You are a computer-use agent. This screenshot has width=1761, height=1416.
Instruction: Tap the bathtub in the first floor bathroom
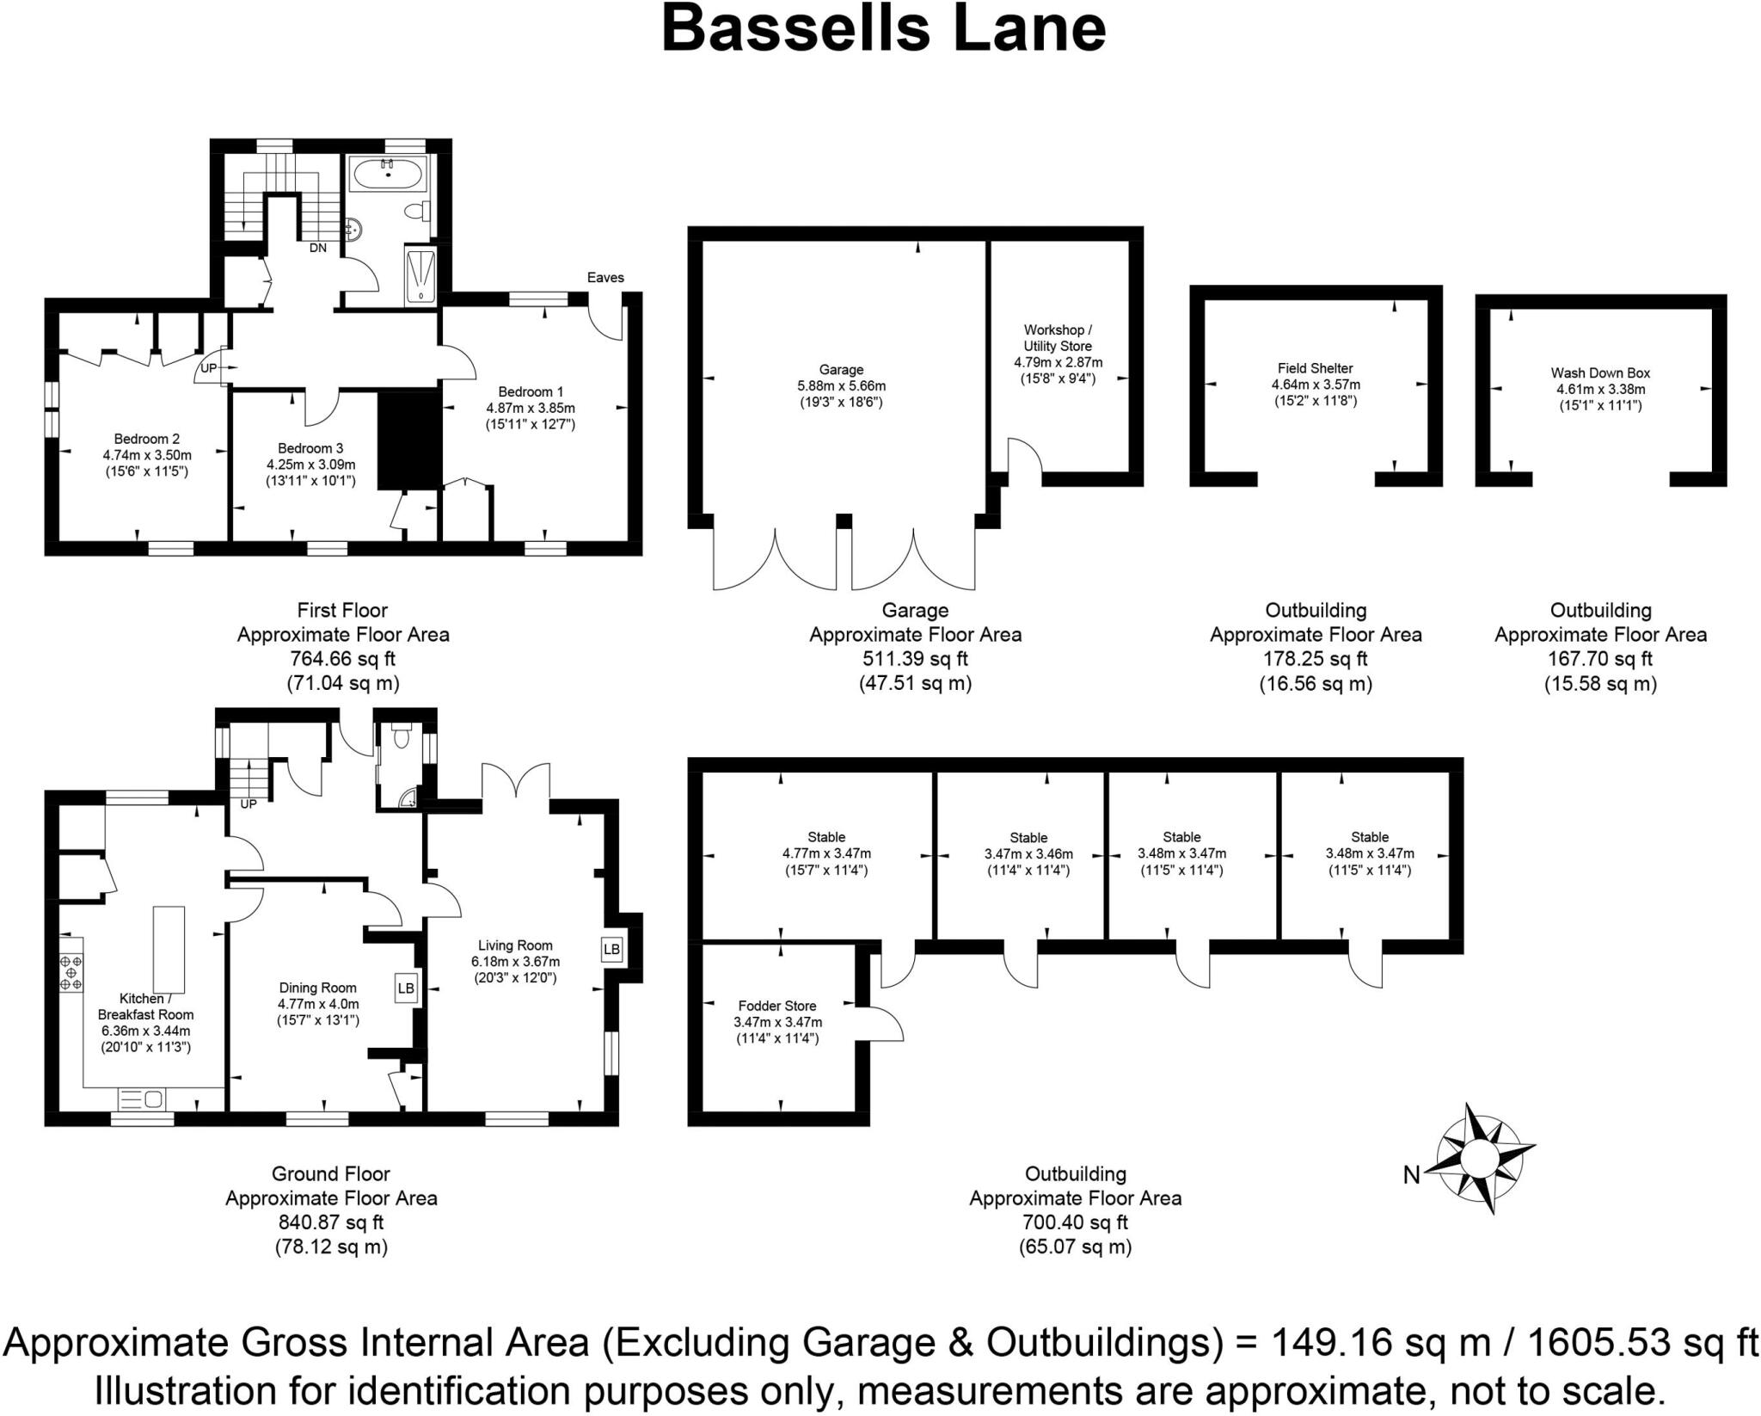pyautogui.click(x=389, y=175)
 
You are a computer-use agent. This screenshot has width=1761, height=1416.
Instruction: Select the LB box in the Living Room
pyautogui.click(x=611, y=949)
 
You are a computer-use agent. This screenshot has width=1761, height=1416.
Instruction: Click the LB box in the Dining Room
pyautogui.click(x=406, y=988)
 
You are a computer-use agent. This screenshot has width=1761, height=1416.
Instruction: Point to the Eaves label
pyautogui.click(x=605, y=277)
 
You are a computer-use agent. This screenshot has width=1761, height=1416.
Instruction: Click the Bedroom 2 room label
pyautogui.click(x=147, y=439)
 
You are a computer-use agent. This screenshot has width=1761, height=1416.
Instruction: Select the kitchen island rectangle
pyautogui.click(x=169, y=949)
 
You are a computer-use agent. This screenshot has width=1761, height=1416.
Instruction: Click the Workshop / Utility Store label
pyautogui.click(x=1058, y=337)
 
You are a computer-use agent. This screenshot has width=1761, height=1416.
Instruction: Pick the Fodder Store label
pyautogui.click(x=777, y=1006)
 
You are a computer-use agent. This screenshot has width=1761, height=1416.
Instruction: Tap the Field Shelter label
pyautogui.click(x=1315, y=368)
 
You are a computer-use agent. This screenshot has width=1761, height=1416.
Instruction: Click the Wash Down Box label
pyautogui.click(x=1600, y=372)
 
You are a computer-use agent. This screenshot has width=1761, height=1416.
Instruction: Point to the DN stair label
pyautogui.click(x=318, y=248)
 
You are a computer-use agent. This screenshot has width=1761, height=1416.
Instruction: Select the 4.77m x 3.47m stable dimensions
pyautogui.click(x=826, y=853)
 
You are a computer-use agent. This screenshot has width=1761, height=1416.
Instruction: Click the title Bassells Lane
pyautogui.click(x=883, y=29)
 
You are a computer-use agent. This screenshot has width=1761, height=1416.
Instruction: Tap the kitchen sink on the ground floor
pyautogui.click(x=142, y=1099)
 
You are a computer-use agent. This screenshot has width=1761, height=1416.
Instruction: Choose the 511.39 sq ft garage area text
pyautogui.click(x=915, y=659)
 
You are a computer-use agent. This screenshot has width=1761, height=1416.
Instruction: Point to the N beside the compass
pyautogui.click(x=1411, y=1174)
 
